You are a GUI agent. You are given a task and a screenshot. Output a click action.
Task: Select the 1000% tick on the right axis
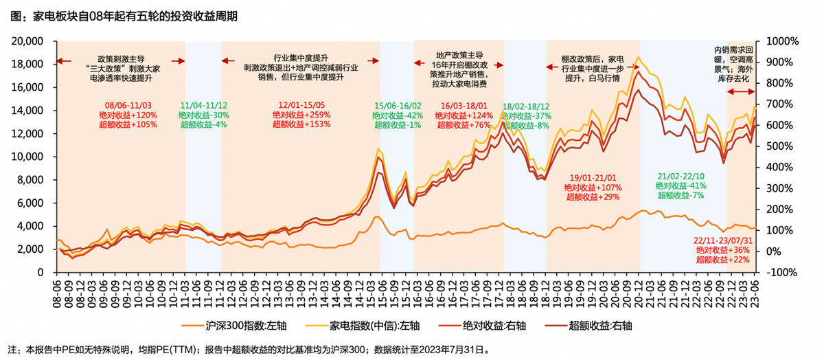[x=782, y=41]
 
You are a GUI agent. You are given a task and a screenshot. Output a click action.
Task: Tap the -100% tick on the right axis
[x=782, y=272]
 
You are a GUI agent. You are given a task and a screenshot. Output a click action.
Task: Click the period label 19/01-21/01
[x=593, y=177]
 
